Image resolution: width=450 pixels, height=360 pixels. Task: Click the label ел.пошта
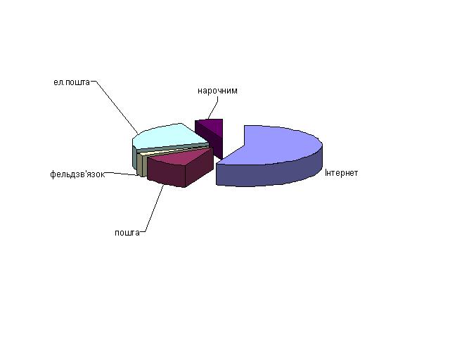tap(72, 82)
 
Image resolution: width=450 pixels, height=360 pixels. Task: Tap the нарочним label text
tap(217, 91)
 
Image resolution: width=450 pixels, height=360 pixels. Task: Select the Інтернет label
tap(342, 173)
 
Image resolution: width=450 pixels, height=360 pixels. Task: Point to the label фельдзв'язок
tap(77, 174)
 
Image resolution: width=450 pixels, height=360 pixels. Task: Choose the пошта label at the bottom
tap(127, 233)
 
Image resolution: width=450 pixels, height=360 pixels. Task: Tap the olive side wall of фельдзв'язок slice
tap(140, 165)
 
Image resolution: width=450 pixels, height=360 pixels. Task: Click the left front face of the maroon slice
tap(166, 173)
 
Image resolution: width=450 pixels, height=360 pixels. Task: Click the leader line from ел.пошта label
tap(115, 106)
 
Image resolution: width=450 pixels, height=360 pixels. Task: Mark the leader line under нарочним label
tap(214, 107)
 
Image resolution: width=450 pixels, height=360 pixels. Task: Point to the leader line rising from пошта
tap(153, 208)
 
